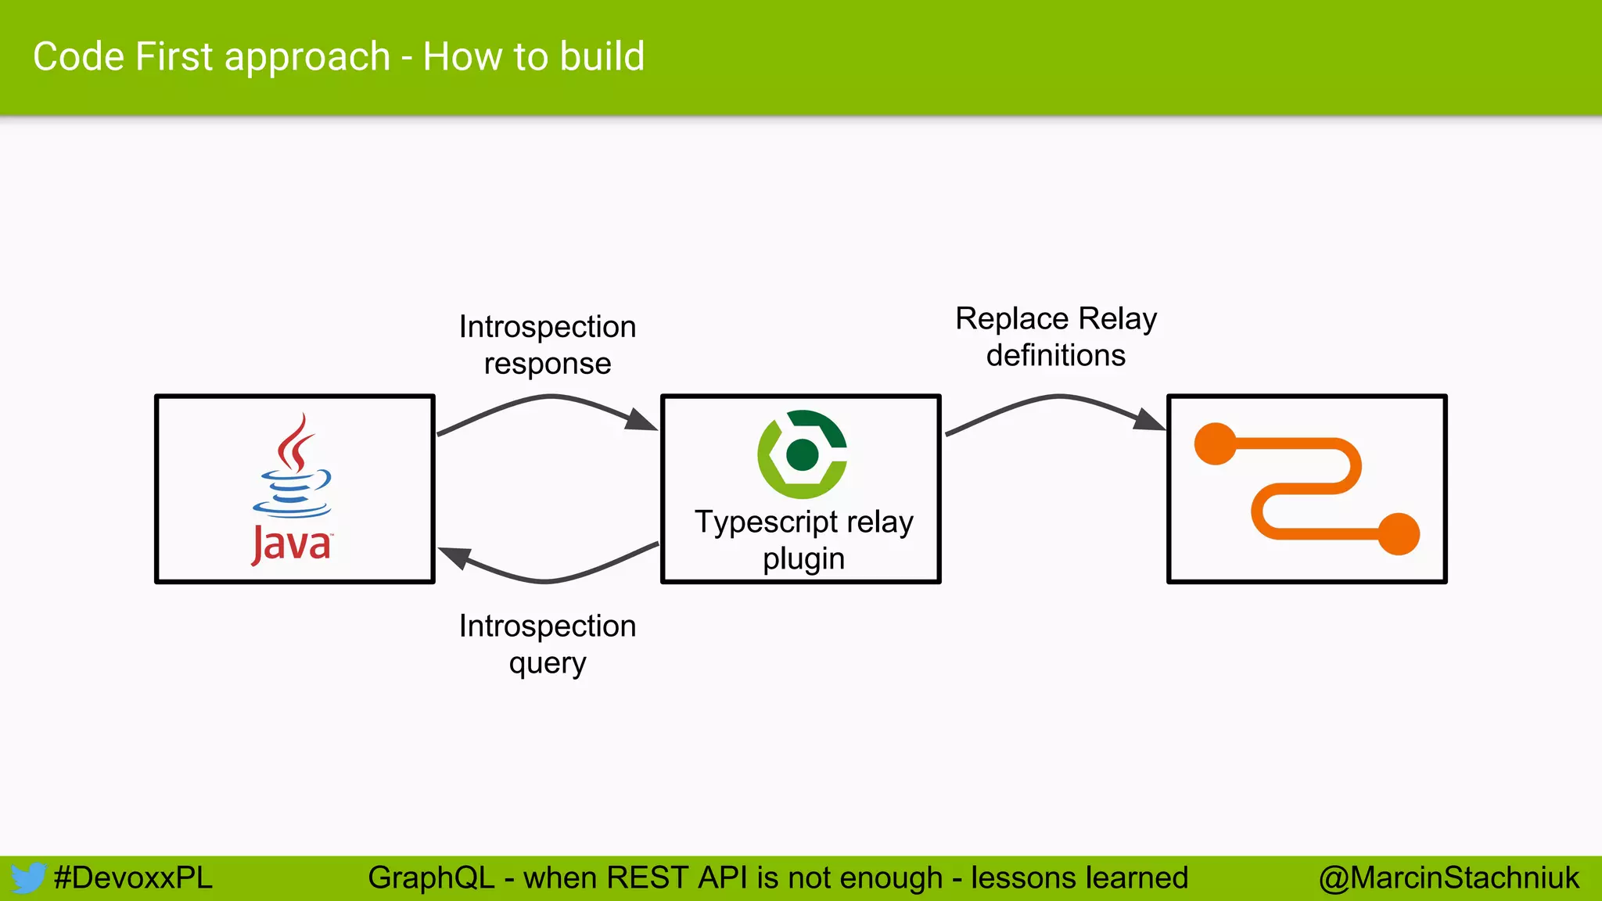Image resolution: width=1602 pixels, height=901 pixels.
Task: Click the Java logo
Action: point(293,489)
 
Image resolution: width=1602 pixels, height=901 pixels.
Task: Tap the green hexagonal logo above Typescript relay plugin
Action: point(803,454)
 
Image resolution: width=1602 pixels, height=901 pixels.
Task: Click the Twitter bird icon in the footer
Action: point(28,878)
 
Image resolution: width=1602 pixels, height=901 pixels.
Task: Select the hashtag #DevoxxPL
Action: point(133,878)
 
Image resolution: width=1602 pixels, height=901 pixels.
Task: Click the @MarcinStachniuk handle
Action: point(1449,878)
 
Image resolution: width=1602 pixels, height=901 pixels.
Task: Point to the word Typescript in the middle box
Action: point(766,522)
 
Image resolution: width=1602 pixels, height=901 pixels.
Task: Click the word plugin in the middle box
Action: point(803,559)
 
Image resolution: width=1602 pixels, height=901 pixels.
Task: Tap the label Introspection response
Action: point(548,345)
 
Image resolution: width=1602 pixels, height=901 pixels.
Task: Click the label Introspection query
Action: point(548,644)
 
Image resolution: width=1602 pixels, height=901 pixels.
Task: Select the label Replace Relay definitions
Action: point(1056,337)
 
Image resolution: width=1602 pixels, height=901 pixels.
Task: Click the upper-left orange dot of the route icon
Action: point(1215,444)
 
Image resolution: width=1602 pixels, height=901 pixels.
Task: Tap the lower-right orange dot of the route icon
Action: point(1398,534)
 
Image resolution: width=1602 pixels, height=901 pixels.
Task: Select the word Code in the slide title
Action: point(79,57)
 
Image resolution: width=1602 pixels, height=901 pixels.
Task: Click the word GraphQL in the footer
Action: point(431,878)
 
